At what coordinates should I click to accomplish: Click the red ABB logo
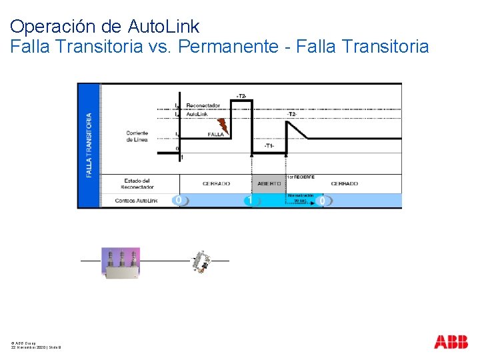[451, 343]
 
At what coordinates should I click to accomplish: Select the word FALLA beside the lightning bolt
[215, 135]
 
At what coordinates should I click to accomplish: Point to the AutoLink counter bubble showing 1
[249, 200]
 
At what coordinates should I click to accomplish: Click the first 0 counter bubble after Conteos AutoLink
[178, 200]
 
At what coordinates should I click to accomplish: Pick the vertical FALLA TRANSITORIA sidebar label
[88, 145]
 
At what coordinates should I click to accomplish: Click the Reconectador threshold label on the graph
[203, 105]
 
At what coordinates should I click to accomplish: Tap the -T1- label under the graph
[268, 145]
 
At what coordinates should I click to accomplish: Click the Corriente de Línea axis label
[138, 137]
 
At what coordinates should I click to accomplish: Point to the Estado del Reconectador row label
[137, 183]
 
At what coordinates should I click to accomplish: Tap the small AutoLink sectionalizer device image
[199, 262]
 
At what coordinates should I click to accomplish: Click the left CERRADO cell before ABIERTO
[215, 183]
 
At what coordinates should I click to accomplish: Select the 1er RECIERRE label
[301, 177]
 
